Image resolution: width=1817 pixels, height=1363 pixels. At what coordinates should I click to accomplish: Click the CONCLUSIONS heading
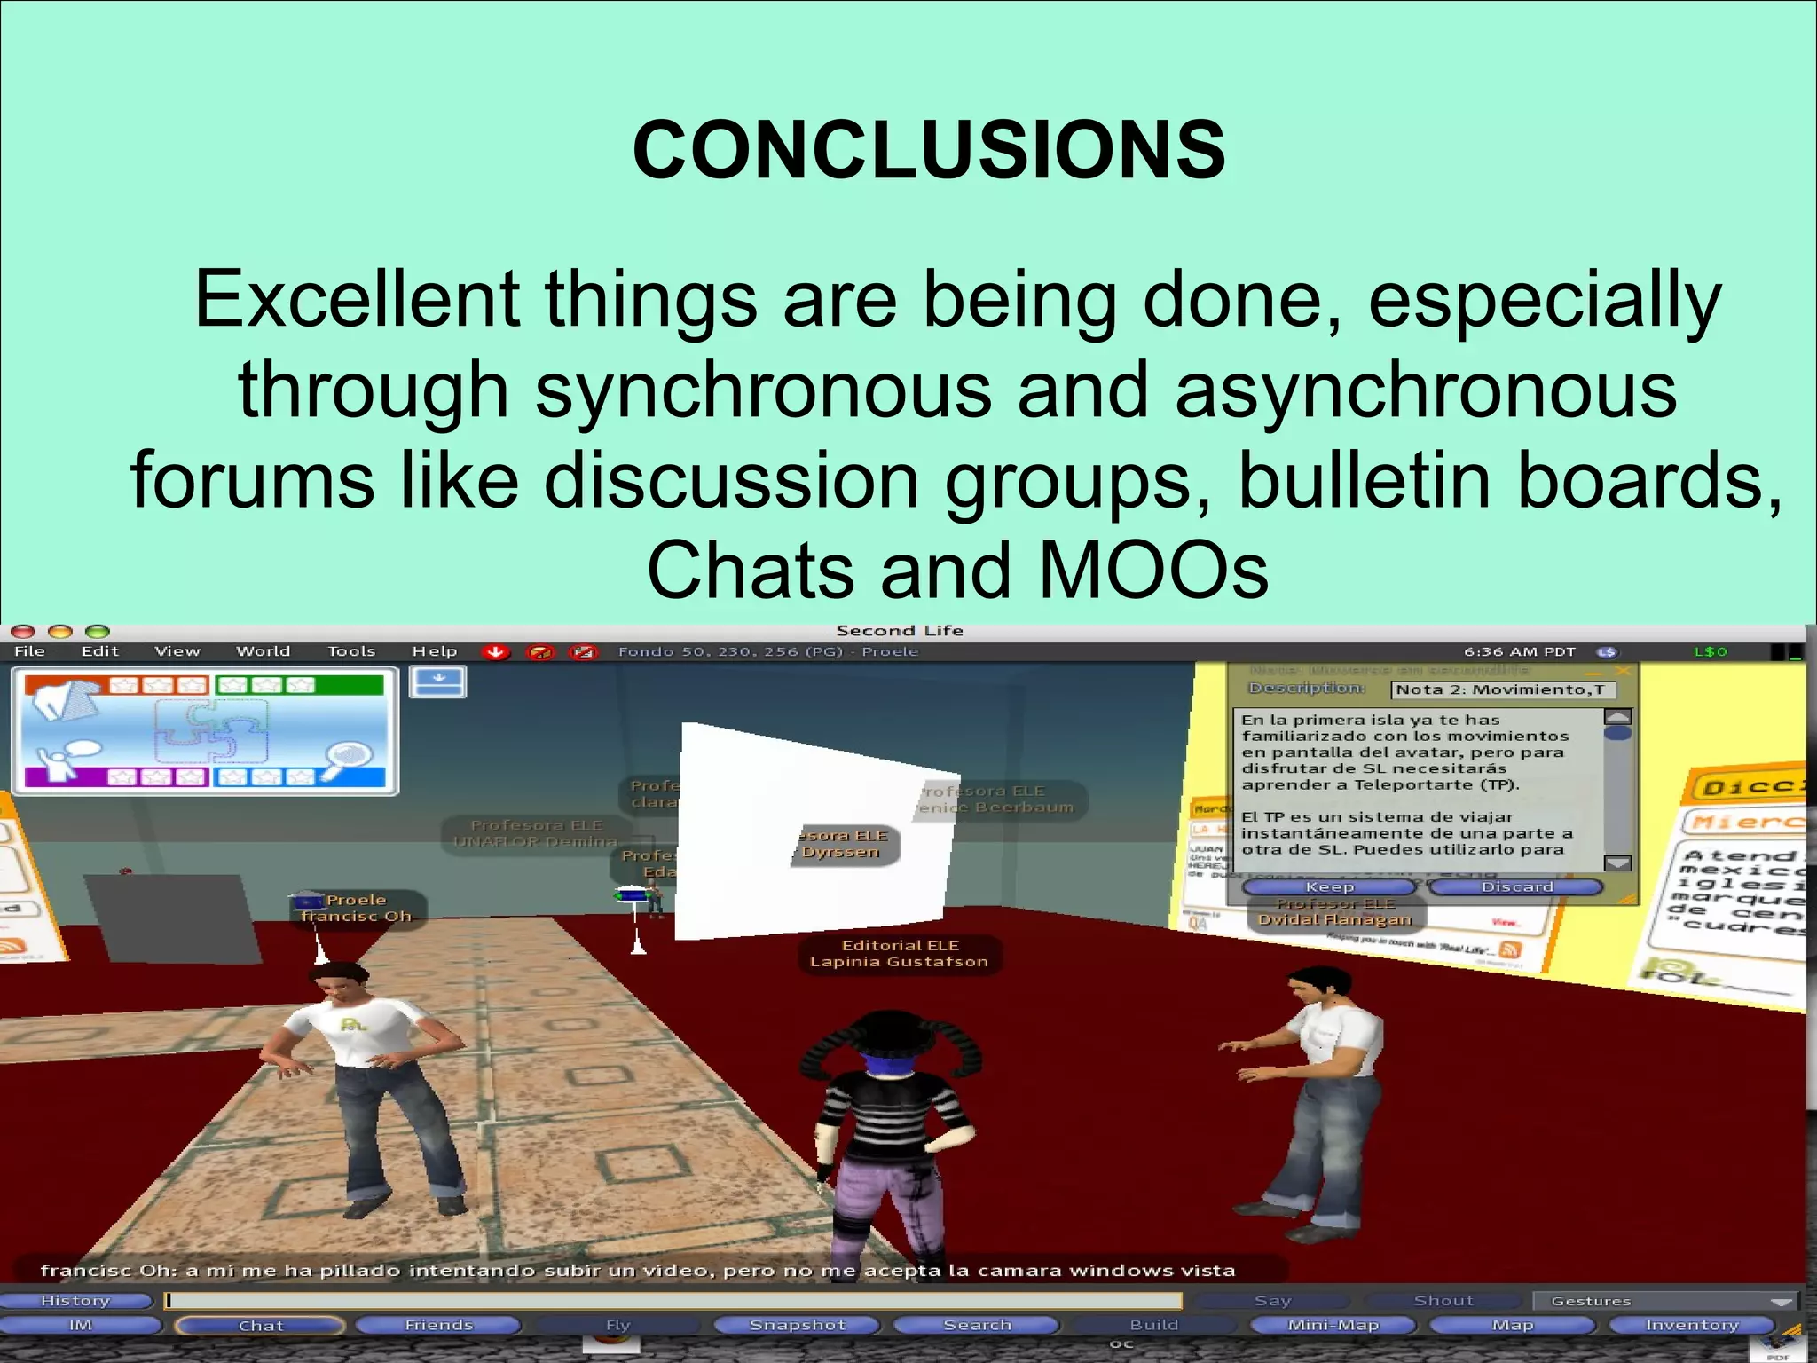[929, 150]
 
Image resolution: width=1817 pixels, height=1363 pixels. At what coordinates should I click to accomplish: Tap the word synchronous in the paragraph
[763, 390]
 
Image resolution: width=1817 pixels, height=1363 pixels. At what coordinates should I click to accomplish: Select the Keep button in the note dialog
[1329, 886]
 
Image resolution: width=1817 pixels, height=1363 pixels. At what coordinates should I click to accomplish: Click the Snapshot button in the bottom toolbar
[797, 1325]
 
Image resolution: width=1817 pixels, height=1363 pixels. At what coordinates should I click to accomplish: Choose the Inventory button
[1691, 1325]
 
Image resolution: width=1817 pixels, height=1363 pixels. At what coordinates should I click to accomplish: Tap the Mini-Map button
[1333, 1325]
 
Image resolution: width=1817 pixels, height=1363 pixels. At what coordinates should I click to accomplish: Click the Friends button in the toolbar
[438, 1325]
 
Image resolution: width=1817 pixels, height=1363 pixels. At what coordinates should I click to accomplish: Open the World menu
[263, 651]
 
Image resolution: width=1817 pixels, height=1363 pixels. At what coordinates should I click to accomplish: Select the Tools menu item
[351, 651]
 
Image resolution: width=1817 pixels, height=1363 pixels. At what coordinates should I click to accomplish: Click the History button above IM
[75, 1301]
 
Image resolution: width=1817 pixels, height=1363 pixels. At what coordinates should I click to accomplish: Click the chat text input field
[674, 1301]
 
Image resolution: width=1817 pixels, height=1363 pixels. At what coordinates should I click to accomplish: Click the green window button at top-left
[97, 631]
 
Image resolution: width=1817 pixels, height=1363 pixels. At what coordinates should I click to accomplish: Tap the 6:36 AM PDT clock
[1519, 652]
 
